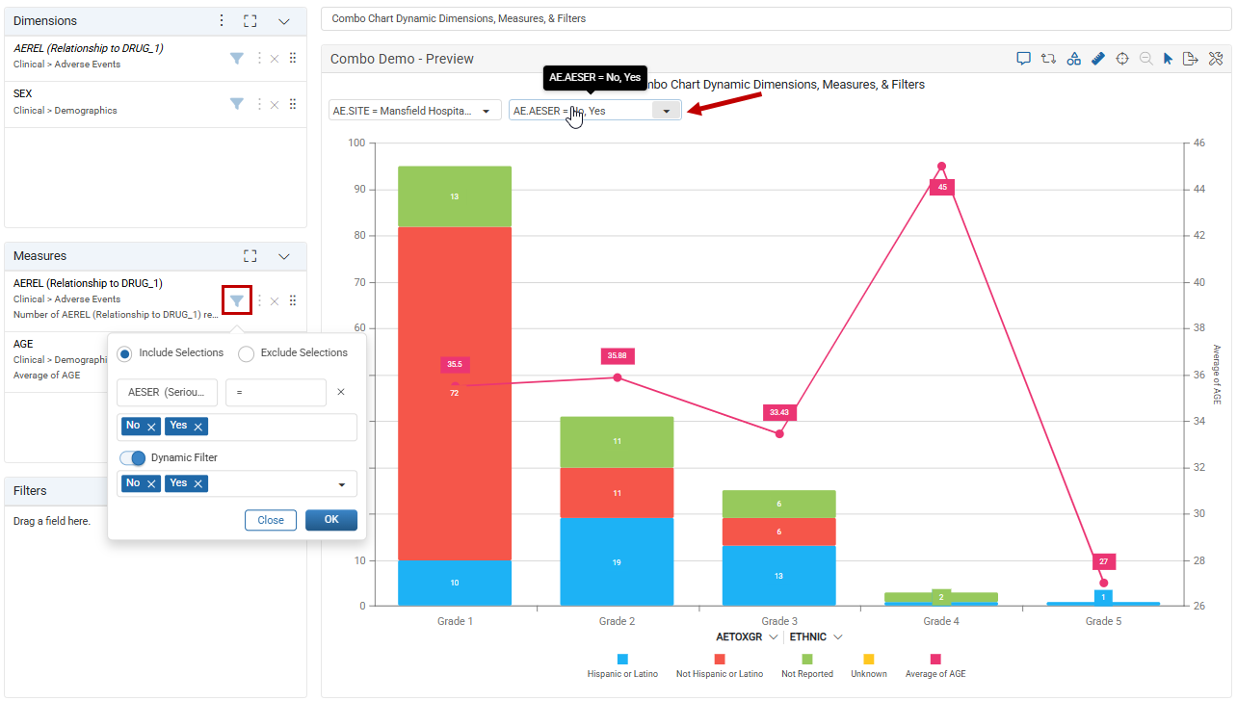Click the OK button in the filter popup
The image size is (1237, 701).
point(331,519)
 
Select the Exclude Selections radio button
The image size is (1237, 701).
point(247,353)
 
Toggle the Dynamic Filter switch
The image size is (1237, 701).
point(133,457)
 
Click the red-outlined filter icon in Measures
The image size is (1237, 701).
point(237,300)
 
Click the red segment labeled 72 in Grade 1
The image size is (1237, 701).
point(455,393)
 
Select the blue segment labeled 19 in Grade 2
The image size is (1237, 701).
point(617,562)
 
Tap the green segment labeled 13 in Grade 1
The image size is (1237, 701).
point(455,196)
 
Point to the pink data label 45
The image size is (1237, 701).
point(942,187)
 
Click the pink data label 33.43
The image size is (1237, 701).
point(779,412)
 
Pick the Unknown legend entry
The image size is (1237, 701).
point(869,666)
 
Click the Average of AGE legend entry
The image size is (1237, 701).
point(935,666)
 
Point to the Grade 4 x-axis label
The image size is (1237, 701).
point(941,621)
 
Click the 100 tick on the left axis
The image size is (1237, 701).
point(356,143)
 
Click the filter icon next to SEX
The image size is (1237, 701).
point(237,104)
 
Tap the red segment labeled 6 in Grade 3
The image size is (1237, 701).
point(779,532)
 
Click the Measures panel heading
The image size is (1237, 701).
point(39,255)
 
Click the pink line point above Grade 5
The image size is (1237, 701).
point(1103,583)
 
